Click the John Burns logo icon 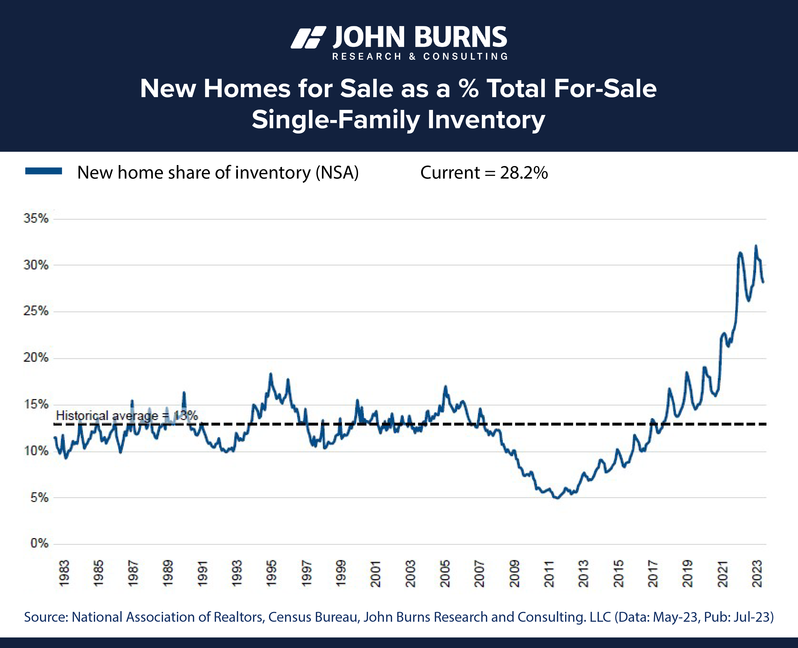pos(308,37)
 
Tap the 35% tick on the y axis pos(36,218)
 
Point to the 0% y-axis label pos(39,543)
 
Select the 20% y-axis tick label pos(36,358)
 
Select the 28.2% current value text pos(523,173)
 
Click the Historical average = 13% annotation pos(127,415)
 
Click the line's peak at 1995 pos(271,374)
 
